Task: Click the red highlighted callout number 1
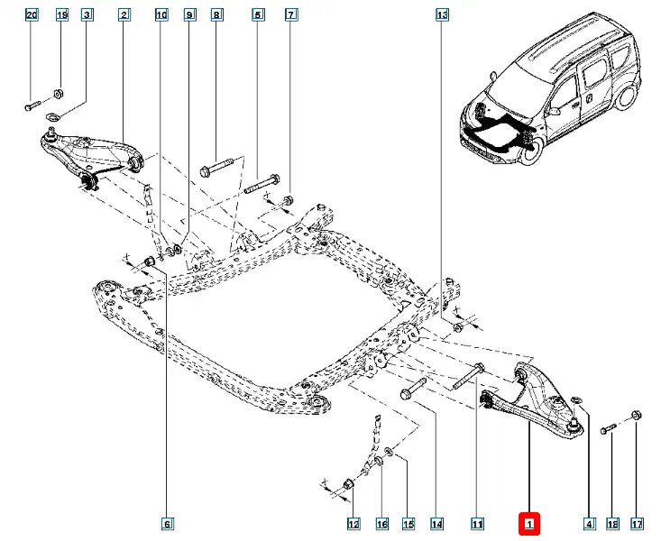pos(529,523)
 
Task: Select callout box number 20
pos(32,15)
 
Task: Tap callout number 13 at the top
pos(441,15)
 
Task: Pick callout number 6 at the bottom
pos(167,523)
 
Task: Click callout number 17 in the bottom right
pos(637,523)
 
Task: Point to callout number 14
pos(436,523)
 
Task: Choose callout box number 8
pos(216,15)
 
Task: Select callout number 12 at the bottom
pos(353,523)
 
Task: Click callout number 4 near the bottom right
pos(589,523)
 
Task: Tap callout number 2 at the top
pos(123,15)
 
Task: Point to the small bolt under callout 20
pos(32,107)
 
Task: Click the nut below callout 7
pos(289,199)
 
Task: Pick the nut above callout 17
pos(636,416)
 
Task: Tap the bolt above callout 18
pos(609,428)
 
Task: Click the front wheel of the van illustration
pos(528,147)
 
